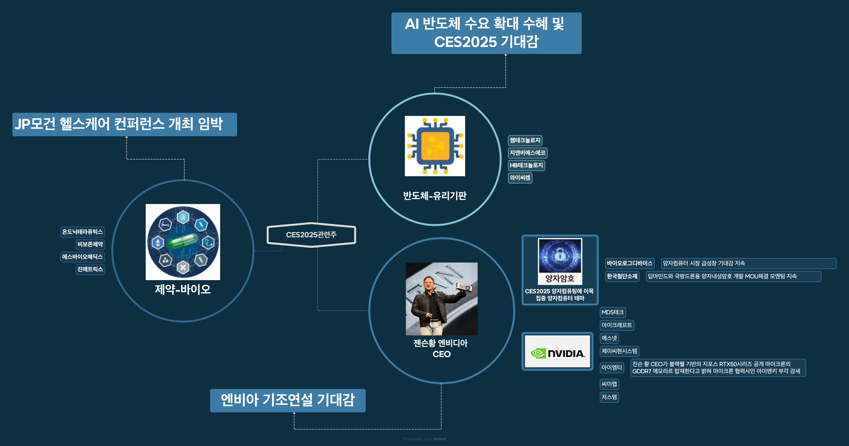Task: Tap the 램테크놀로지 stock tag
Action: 525,140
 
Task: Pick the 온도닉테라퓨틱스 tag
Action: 82,232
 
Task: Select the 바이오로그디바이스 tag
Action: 630,263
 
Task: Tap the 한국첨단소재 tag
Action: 622,276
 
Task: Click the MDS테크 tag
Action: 612,312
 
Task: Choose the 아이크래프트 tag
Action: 616,325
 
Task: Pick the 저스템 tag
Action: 609,397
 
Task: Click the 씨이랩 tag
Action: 609,384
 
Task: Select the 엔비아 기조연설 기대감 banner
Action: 288,400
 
